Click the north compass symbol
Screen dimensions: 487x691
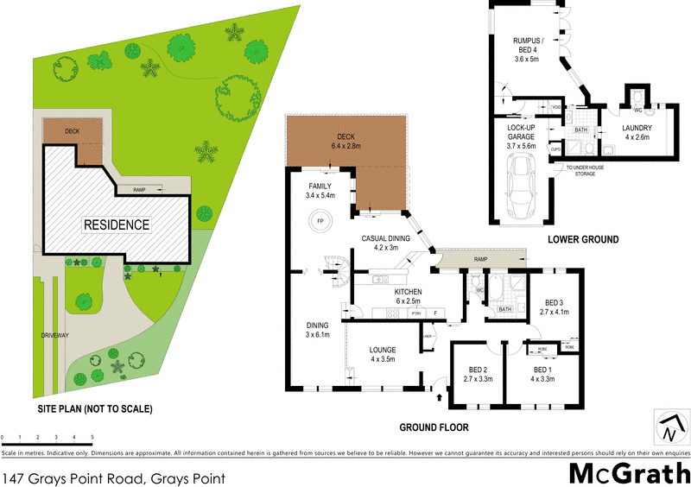click(669, 427)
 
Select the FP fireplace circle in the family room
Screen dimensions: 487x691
click(319, 222)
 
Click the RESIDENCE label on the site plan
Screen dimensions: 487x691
click(117, 225)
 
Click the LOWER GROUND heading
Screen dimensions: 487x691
click(583, 238)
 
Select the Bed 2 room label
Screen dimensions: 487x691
click(479, 373)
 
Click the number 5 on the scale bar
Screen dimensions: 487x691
click(91, 440)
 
